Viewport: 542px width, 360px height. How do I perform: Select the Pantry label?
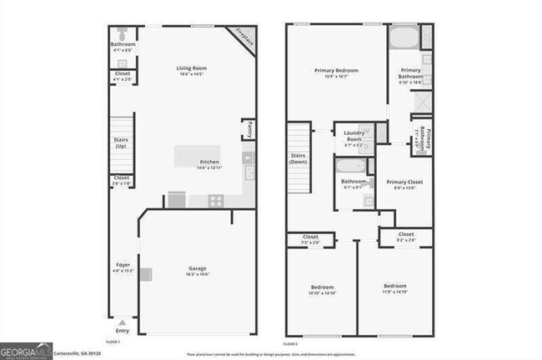coord(248,130)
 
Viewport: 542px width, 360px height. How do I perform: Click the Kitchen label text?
coord(208,162)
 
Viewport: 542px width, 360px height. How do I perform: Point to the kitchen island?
coord(197,155)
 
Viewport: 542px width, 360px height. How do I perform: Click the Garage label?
coord(197,269)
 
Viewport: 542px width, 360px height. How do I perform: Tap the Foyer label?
coord(122,266)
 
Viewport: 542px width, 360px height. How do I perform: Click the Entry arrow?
coord(123,322)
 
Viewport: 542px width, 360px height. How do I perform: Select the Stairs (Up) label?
coord(121,143)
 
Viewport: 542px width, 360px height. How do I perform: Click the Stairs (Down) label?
coord(298,158)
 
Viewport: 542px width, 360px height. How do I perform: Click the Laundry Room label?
coord(354,140)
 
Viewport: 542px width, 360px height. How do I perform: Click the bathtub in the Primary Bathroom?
coord(404,38)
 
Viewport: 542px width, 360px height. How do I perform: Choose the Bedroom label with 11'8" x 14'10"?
coord(394,287)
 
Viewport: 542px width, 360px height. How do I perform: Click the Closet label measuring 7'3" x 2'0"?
coord(310,238)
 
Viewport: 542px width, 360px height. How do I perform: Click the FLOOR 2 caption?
coord(290,343)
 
